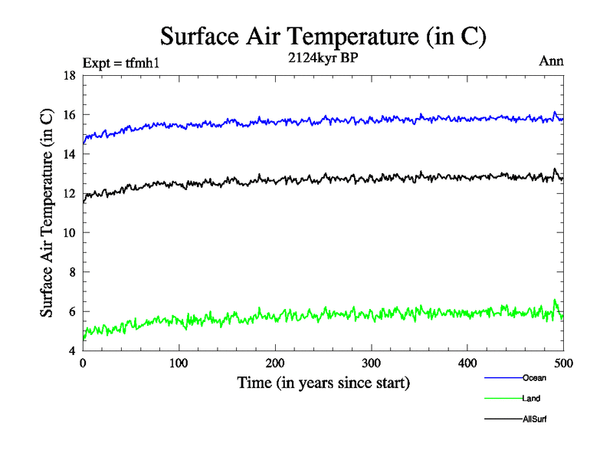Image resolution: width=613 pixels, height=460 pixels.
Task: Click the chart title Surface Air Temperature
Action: coord(323,36)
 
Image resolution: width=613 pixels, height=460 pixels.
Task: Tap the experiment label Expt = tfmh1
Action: coord(121,63)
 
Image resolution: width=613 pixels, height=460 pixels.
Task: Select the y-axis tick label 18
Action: coord(69,76)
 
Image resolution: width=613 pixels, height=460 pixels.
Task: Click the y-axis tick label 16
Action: coord(69,115)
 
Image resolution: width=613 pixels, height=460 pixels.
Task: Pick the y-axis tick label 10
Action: coord(69,233)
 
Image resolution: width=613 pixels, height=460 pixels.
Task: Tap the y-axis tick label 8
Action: coord(72,272)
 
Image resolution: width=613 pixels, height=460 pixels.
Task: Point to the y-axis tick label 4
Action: coord(72,351)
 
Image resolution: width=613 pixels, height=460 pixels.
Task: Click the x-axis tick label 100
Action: coord(179,363)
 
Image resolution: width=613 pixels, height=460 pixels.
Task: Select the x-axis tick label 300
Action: coord(371,363)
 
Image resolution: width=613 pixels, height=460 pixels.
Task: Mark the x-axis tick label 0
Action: coord(83,363)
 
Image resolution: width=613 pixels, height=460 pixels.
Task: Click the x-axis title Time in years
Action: coord(323,383)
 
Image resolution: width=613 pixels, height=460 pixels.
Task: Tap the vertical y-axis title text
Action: coord(48,213)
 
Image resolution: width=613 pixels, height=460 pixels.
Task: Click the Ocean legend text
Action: coord(534,377)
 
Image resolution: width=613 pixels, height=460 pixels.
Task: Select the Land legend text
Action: coord(532,398)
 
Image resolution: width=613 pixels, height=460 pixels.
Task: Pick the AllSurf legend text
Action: coord(535,419)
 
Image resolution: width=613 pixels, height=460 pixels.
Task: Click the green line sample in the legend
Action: coord(503,398)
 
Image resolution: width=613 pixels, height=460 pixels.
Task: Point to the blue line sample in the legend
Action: coord(503,377)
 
